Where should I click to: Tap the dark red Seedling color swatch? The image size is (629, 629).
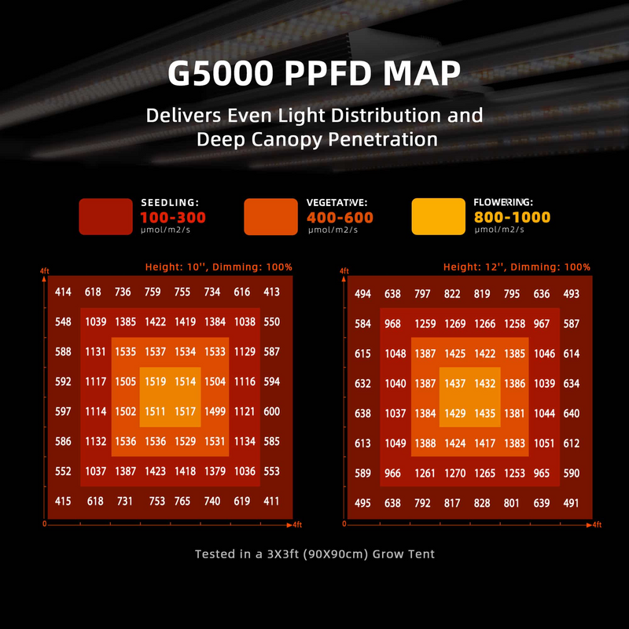(x=105, y=216)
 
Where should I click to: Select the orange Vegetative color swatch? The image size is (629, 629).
(x=271, y=216)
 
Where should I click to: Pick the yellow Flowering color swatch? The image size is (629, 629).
(x=438, y=216)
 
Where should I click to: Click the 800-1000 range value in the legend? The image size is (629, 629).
(x=512, y=218)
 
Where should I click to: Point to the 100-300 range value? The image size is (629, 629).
(x=173, y=218)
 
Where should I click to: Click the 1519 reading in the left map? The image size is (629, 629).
(x=155, y=382)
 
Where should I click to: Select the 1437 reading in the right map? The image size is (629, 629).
(x=454, y=384)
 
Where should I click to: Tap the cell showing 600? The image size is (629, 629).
(x=272, y=412)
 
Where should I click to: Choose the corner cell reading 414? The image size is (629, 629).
(x=64, y=292)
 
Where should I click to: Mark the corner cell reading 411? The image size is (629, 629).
(x=272, y=502)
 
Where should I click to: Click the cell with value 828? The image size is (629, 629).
(x=482, y=503)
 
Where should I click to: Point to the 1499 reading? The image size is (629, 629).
(x=215, y=412)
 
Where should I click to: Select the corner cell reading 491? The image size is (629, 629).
(x=572, y=503)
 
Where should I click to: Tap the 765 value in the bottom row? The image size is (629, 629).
(x=182, y=502)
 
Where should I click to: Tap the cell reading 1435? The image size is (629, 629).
(x=484, y=414)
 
